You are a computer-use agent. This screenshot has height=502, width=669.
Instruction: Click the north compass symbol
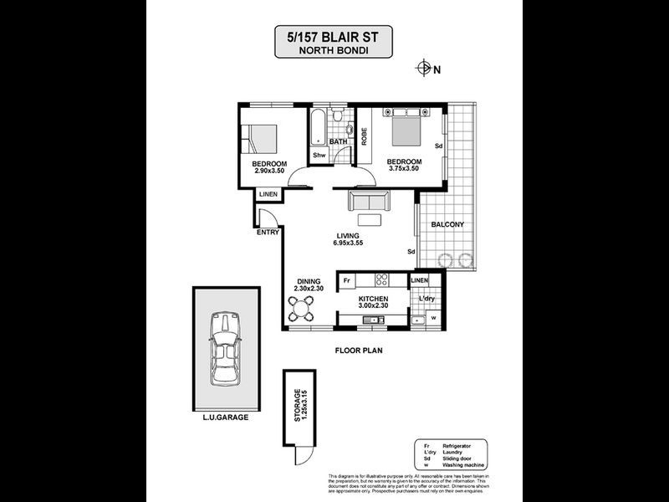coord(424,69)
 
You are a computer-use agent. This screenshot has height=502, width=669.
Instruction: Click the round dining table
coord(302,311)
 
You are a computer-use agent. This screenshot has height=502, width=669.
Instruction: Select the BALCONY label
coord(447,225)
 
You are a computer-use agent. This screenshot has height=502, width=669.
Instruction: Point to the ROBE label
coord(365,135)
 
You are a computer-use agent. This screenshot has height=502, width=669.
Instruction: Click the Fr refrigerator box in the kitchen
coord(346,280)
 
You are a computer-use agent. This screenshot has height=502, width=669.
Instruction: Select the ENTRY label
coord(268,233)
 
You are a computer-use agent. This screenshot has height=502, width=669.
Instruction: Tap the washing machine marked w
coord(433,317)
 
